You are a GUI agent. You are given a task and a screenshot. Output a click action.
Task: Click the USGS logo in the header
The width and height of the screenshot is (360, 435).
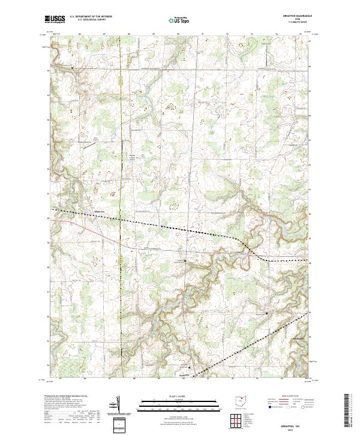pos(55,19)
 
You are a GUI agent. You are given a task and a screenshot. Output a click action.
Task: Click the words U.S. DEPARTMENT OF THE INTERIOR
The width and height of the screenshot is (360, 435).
pos(91,16)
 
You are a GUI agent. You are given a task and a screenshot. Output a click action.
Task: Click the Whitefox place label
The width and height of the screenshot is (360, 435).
pos(100,212)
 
